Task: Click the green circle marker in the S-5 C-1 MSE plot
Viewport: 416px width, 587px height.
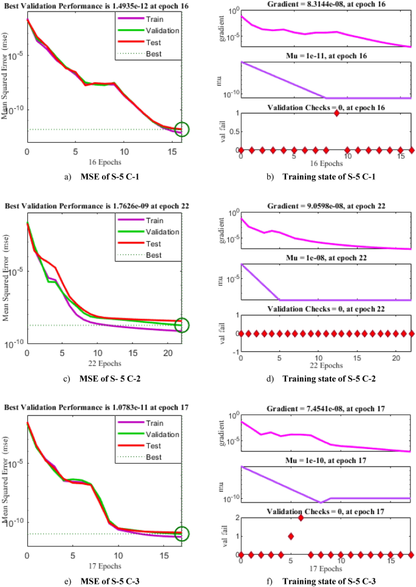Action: point(182,129)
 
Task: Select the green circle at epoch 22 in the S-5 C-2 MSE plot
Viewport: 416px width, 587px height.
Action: point(182,325)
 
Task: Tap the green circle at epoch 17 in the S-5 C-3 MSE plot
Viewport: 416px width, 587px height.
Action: point(182,534)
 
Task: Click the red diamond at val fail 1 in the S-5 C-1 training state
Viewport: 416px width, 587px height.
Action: point(336,113)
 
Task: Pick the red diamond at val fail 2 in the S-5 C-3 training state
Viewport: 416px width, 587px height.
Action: point(301,518)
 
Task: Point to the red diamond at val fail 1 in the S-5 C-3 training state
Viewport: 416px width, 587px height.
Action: point(291,536)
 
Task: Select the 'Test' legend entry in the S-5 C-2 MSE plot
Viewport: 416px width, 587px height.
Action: point(154,244)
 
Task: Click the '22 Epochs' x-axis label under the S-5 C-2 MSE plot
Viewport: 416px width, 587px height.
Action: point(104,363)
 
